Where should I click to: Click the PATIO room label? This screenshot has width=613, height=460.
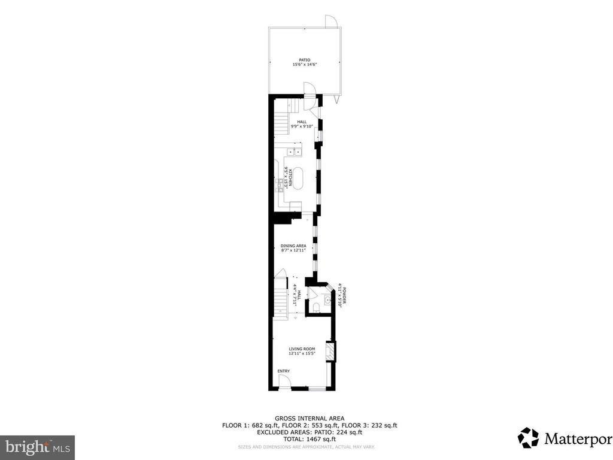(x=305, y=60)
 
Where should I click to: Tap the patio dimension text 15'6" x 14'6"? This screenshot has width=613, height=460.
(x=305, y=65)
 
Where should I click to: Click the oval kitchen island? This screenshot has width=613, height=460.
(x=298, y=178)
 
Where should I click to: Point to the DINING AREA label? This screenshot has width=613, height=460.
(x=294, y=246)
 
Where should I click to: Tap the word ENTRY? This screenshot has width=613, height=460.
(x=283, y=371)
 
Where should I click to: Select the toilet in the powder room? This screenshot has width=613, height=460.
(x=316, y=307)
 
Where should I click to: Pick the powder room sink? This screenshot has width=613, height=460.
(x=327, y=300)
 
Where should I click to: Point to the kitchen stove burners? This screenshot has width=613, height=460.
(x=279, y=183)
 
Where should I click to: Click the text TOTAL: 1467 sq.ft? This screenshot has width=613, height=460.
(x=309, y=438)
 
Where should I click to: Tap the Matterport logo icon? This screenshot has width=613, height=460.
(x=528, y=437)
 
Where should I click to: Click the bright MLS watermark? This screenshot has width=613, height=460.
(x=37, y=446)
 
